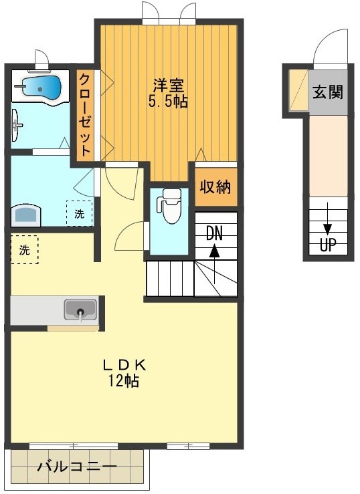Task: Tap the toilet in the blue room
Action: click(x=171, y=207)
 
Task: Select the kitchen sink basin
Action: click(x=80, y=310)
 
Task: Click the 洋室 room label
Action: click(x=169, y=86)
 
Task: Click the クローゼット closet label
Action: click(x=86, y=114)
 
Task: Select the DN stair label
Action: click(x=214, y=233)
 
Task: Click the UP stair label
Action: click(x=327, y=245)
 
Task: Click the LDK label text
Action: click(x=124, y=365)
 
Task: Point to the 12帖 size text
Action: click(x=124, y=381)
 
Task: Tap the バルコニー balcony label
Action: click(x=76, y=467)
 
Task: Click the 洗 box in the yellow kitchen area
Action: click(x=25, y=251)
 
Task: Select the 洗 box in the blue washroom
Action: click(x=80, y=215)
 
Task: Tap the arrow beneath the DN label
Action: click(x=214, y=252)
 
